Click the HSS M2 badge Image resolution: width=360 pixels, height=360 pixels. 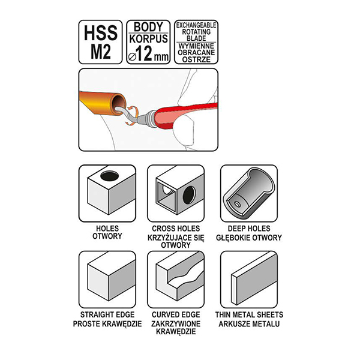coord(100,42)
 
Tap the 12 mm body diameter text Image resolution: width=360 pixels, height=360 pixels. coord(148,54)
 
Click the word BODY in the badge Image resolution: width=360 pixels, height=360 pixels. coord(148,27)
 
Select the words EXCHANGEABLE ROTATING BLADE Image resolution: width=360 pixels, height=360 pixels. coord(196,31)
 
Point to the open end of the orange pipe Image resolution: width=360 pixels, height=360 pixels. coord(118,104)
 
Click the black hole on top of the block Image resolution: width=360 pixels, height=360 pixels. coord(110,176)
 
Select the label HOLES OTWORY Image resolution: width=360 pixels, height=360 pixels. coord(107,232)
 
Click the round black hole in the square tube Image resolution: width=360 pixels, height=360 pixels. coord(189,194)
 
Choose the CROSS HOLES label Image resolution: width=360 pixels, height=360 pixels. coord(176,229)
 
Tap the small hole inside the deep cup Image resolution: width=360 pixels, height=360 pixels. coord(236,204)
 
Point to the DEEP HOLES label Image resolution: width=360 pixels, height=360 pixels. coord(249,229)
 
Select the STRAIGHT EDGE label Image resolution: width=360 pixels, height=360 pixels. coord(107,314)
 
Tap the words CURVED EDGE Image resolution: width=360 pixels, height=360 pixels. coord(176,314)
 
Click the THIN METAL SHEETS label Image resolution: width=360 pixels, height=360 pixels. coord(249,314)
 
